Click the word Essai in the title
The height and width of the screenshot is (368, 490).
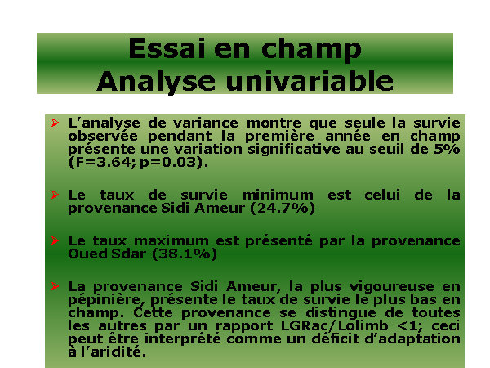coord(167,49)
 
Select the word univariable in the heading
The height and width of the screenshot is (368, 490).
coord(309,81)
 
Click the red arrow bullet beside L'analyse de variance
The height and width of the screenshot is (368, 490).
coord(55,123)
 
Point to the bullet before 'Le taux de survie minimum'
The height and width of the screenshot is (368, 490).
coord(55,195)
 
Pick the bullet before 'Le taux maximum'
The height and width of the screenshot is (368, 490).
coord(55,240)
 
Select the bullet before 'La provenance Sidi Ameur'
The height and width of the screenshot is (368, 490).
coord(55,286)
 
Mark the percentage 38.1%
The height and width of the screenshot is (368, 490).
coord(185,254)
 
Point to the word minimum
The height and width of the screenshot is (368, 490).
coord(278,195)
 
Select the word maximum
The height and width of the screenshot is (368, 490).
coord(171,241)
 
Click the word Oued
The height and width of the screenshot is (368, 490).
coord(87,254)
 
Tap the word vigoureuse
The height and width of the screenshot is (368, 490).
coord(391,287)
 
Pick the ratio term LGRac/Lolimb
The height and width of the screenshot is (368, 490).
coord(334,326)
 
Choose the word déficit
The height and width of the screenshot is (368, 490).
coord(337,339)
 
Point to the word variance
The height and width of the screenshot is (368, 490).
coord(205,123)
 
